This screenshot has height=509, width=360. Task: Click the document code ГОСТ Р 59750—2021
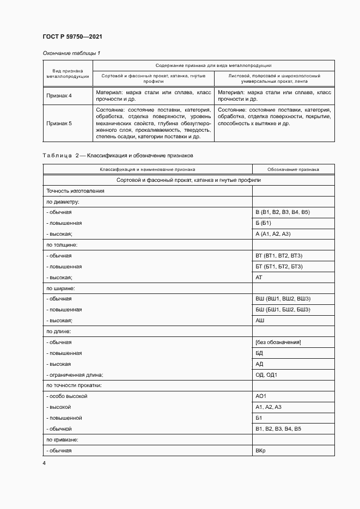72,36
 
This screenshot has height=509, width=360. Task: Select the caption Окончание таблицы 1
71,53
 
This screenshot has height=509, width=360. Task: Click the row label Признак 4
59,96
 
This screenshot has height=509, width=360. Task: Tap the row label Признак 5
59,123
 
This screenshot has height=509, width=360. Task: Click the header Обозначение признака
294,169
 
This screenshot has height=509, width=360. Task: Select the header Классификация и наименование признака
147,169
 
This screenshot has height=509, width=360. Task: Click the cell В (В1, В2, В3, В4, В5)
282,212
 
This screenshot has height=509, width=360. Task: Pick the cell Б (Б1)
263,223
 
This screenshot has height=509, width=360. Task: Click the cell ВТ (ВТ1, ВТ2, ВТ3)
278,255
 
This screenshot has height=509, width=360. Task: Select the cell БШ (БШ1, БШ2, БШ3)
283,310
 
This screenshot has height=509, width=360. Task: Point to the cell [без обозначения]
278,342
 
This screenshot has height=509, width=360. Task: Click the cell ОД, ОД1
266,375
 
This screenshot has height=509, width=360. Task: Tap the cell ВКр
260,451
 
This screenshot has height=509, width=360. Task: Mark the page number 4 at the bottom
44,463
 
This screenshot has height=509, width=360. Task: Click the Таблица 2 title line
117,156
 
